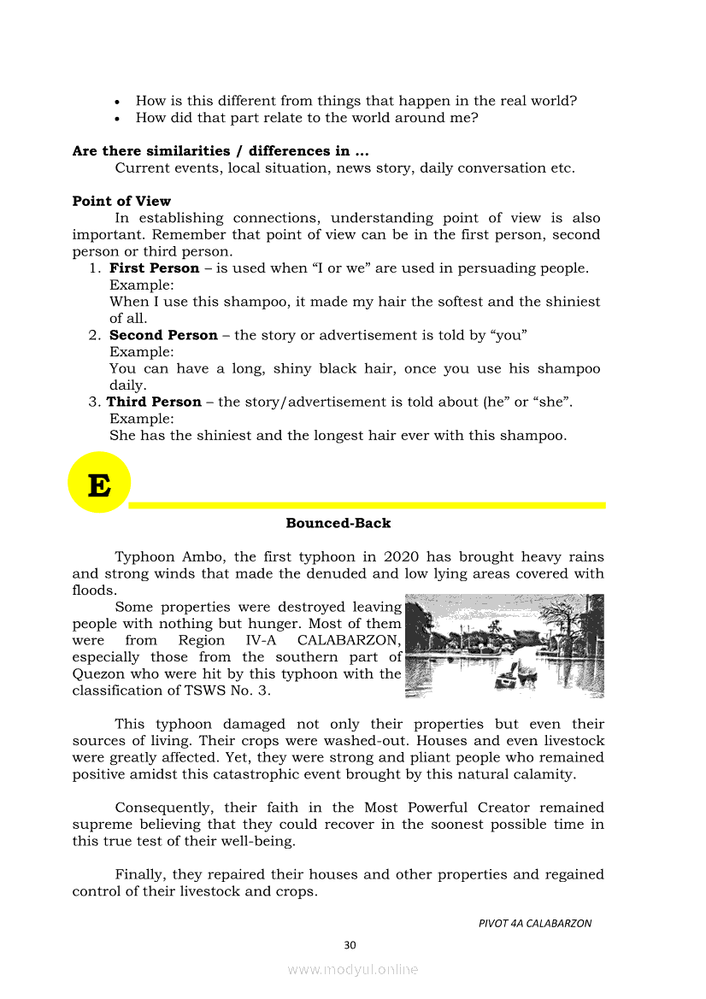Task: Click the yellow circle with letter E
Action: [99, 484]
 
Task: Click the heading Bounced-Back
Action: [338, 523]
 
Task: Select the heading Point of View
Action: [121, 202]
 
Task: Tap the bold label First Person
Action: [154, 268]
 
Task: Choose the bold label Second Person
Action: [163, 336]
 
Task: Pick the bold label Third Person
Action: [154, 403]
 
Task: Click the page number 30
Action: [350, 945]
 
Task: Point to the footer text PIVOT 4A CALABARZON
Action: [535, 923]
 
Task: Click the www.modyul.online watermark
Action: [353, 970]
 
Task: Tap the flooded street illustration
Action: [504, 646]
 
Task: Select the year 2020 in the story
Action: [401, 557]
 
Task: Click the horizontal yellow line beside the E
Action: [368, 505]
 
